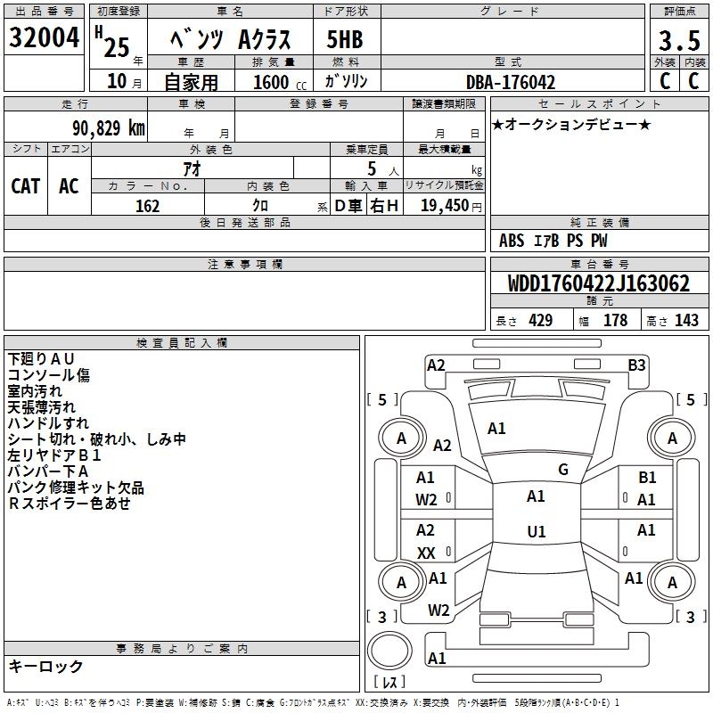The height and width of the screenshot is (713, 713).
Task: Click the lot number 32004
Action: click(x=44, y=37)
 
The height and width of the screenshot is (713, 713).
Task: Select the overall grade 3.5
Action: click(x=679, y=40)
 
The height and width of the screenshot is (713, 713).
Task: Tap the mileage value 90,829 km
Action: click(x=109, y=128)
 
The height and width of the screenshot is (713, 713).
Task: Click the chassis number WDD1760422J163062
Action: click(x=598, y=283)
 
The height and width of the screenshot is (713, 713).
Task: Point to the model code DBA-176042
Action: click(x=511, y=82)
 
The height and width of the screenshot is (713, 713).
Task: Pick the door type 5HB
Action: click(x=345, y=39)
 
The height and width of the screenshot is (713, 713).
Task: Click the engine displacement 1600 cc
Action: click(x=280, y=82)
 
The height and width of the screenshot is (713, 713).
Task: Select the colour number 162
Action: click(x=148, y=206)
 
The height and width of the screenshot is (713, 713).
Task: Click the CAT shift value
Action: click(x=26, y=186)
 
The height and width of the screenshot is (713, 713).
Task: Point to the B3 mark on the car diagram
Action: click(x=636, y=365)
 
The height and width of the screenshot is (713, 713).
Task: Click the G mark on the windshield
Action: click(x=563, y=470)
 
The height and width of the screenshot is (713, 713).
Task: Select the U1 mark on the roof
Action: click(x=537, y=531)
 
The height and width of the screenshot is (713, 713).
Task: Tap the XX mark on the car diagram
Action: click(x=426, y=553)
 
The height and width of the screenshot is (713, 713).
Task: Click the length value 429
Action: click(x=541, y=320)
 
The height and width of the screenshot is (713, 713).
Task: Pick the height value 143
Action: click(x=686, y=320)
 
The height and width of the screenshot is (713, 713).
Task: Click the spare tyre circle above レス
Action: click(x=389, y=651)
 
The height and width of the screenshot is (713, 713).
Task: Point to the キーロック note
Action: click(x=45, y=666)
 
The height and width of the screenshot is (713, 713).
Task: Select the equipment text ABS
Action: click(x=512, y=241)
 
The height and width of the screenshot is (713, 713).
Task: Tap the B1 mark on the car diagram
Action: click(x=647, y=478)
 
